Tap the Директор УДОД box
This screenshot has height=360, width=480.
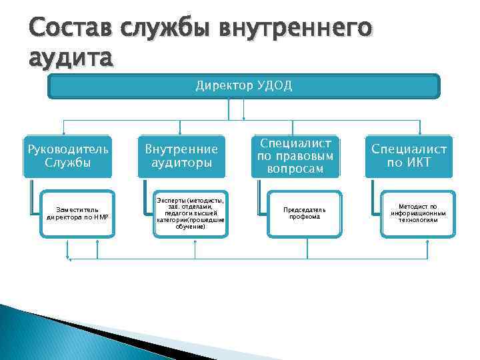pos(244,86)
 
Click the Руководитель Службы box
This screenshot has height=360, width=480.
pos(67,156)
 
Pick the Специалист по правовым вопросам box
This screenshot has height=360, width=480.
pos(295,156)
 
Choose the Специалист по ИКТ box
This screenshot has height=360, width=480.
pos(409,156)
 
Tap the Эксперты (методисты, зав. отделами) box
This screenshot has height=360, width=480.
pos(191,213)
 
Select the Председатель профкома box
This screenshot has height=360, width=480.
pos(305,213)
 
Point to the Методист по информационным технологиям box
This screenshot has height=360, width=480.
pos(418,213)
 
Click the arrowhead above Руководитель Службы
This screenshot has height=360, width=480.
pos(64,131)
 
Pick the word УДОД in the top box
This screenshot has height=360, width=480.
pos(275,86)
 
